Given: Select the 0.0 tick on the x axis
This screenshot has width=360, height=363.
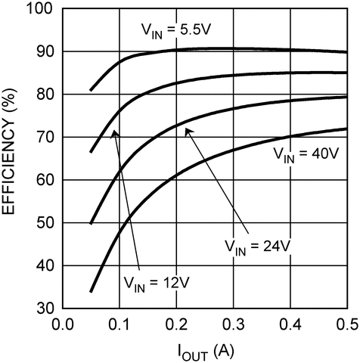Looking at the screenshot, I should pyautogui.click(x=61, y=324).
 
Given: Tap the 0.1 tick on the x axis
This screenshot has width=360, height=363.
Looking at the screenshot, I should pyautogui.click(x=119, y=324).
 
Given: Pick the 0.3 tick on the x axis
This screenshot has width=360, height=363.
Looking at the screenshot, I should pyautogui.click(x=233, y=324).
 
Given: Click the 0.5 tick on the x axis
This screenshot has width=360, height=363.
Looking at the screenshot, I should pyautogui.click(x=346, y=324).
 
